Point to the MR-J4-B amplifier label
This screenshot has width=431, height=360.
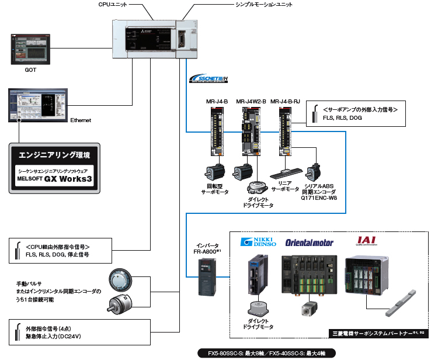click(x=217, y=101)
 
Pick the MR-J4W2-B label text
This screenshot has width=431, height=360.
click(x=251, y=101)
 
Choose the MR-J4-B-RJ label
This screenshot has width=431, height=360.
click(x=289, y=101)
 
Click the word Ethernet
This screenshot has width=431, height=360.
click(x=81, y=120)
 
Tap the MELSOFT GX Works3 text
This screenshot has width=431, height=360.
click(x=54, y=179)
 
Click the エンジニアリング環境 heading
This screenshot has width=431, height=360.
click(x=54, y=156)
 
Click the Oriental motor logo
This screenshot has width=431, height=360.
click(x=309, y=242)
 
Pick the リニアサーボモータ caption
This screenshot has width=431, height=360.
click(x=285, y=187)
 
